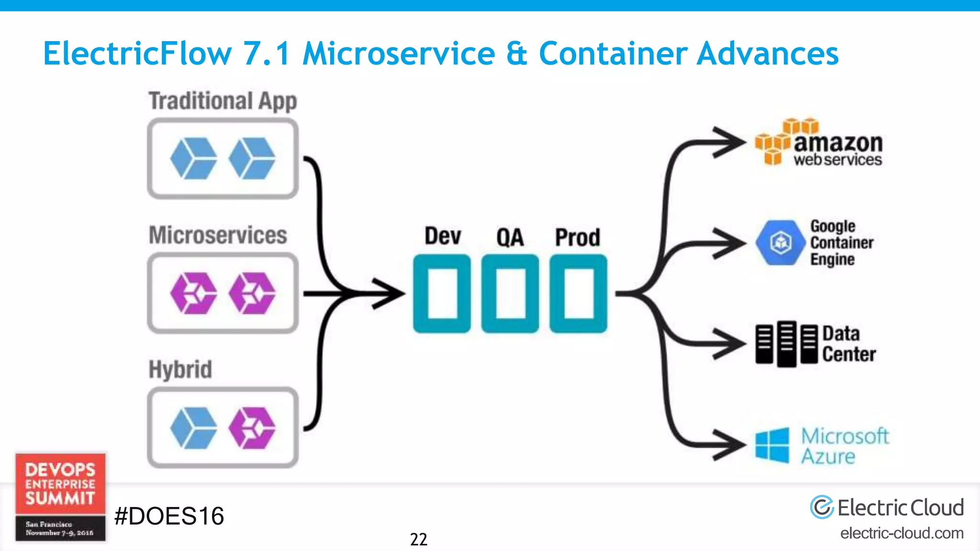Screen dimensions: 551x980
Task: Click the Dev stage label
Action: coord(443,236)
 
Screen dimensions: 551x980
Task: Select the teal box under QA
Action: coord(510,293)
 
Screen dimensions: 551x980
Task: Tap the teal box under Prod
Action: coord(578,293)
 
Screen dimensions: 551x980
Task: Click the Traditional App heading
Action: coord(223,101)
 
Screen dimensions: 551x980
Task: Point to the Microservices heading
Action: coord(218,235)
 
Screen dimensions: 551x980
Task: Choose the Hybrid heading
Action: coord(180,369)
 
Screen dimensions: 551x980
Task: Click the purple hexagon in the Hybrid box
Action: coord(252,428)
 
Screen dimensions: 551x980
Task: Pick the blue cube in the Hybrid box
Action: coord(193,428)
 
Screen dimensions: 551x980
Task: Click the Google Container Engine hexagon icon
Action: coord(780,242)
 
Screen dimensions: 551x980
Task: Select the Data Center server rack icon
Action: coord(786,344)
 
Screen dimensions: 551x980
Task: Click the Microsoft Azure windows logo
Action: coord(772,445)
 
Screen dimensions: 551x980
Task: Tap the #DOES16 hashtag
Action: coord(169,516)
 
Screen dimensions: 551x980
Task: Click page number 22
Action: coord(418,540)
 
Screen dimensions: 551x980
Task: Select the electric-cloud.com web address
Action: coord(902,533)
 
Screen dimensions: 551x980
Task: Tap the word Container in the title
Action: coord(613,53)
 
